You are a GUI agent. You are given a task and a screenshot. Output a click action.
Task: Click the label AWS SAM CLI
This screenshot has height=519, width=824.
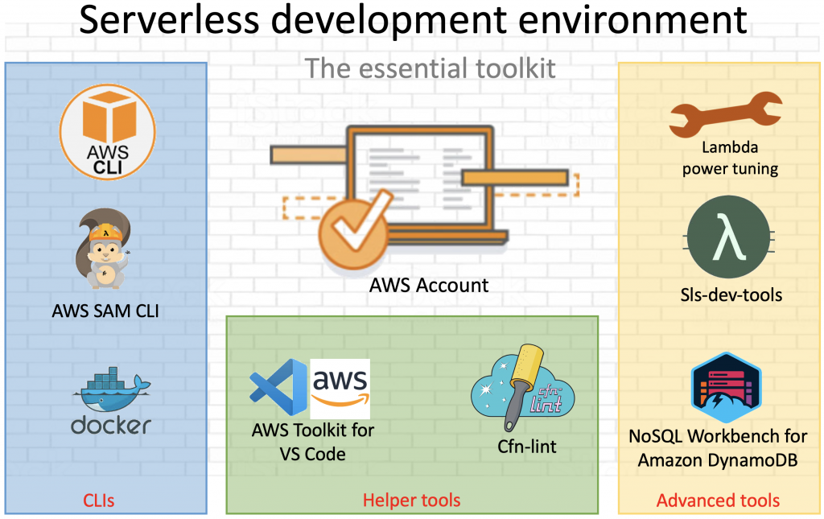[106, 311]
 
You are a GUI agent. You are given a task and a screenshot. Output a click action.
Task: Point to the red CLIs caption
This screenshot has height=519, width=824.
[98, 500]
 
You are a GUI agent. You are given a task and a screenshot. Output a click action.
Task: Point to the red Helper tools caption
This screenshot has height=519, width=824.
[412, 500]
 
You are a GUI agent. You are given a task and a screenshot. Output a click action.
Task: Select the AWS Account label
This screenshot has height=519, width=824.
[429, 286]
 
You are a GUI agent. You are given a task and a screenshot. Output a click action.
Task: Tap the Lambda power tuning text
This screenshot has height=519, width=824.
[730, 158]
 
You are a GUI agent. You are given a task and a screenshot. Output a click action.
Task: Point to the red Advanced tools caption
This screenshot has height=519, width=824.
[718, 500]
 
